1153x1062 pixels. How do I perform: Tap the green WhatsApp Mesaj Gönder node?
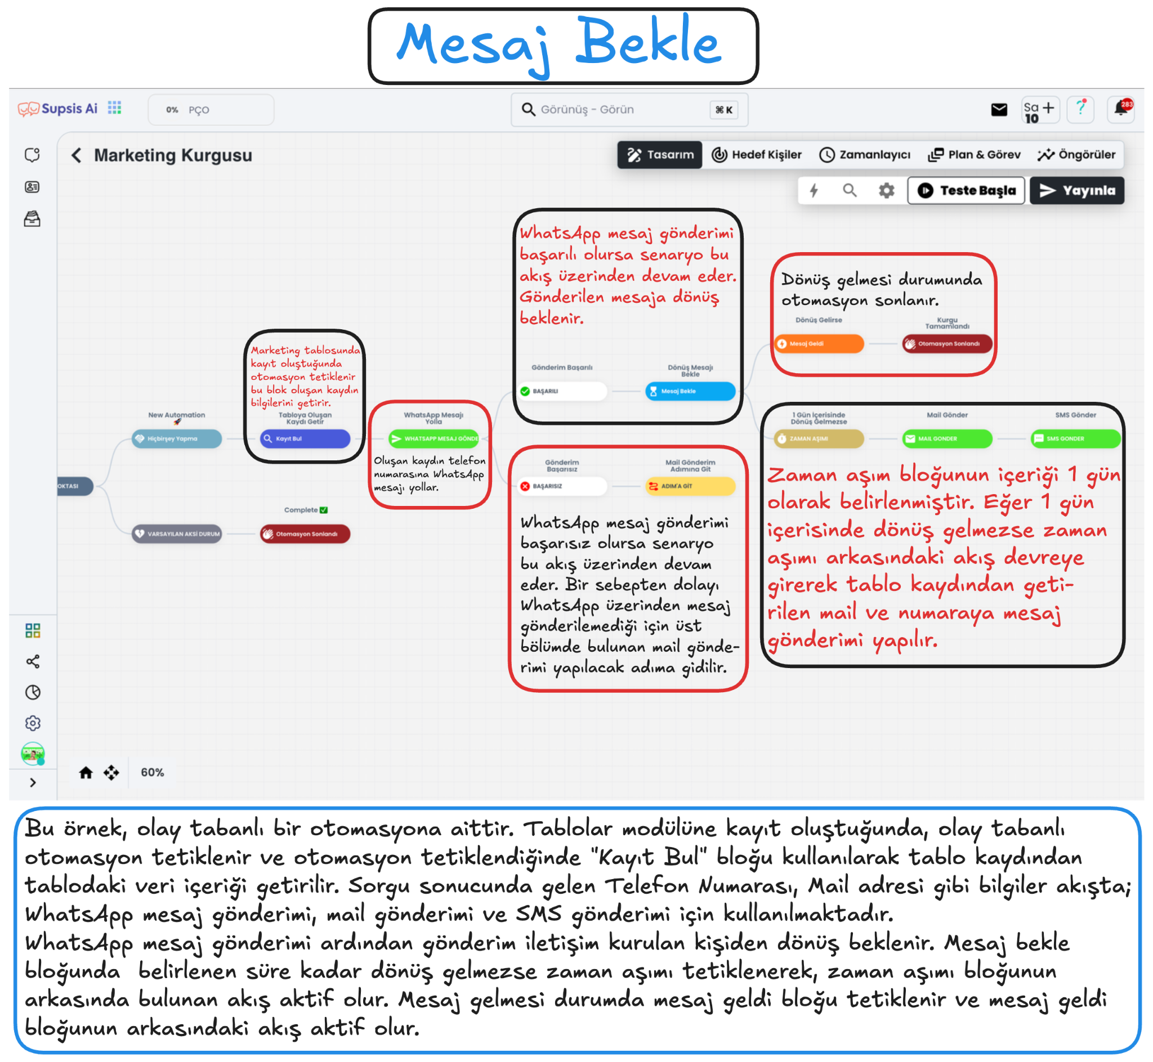click(434, 438)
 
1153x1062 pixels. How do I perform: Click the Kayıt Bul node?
click(305, 438)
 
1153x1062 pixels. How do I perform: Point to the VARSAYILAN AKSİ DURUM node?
click(177, 534)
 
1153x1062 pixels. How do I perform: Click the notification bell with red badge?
click(1121, 109)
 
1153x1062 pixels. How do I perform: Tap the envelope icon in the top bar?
click(999, 109)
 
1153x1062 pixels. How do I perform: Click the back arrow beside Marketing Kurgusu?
click(77, 155)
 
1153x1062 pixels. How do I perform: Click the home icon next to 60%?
click(86, 772)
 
